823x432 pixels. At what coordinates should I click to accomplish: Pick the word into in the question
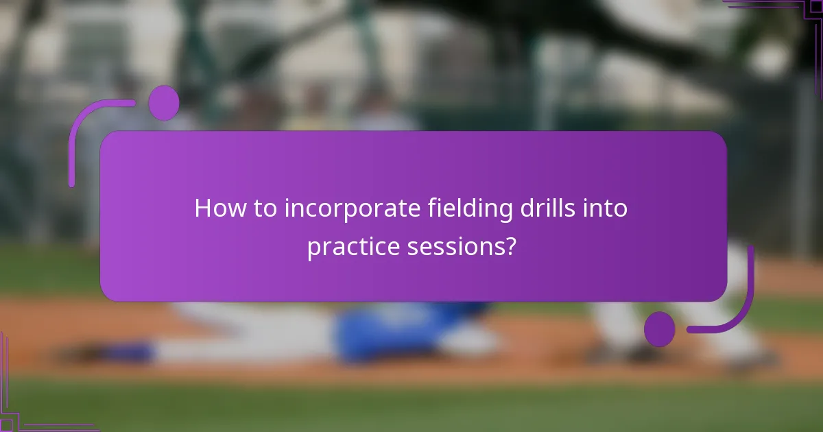[x=606, y=208]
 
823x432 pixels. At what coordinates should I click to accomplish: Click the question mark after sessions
[x=510, y=247]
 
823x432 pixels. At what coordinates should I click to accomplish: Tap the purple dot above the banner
[x=164, y=103]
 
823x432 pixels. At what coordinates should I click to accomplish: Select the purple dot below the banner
[x=659, y=328]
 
